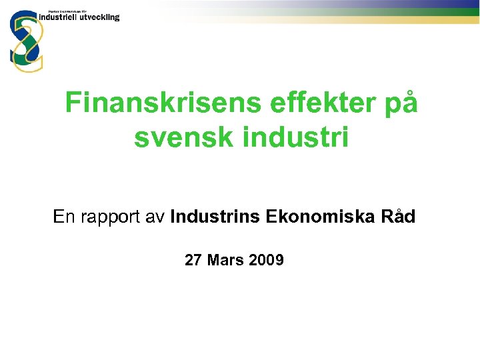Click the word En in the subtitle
64,217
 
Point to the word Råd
397,217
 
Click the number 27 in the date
193,260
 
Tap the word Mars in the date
225,260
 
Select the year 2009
265,260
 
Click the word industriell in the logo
59,17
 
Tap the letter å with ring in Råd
397,217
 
